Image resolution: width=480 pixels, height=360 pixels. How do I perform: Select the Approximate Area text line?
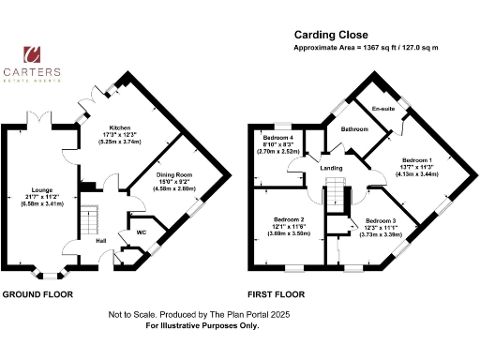click(367, 47)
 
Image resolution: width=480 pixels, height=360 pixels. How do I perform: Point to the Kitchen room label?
click(120, 127)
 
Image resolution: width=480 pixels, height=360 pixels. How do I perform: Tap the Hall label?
click(99, 240)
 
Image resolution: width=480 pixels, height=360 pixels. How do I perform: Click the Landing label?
click(333, 168)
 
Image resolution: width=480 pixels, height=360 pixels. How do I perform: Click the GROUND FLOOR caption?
click(37, 294)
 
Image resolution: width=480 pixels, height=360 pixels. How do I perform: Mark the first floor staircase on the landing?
click(336, 192)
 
